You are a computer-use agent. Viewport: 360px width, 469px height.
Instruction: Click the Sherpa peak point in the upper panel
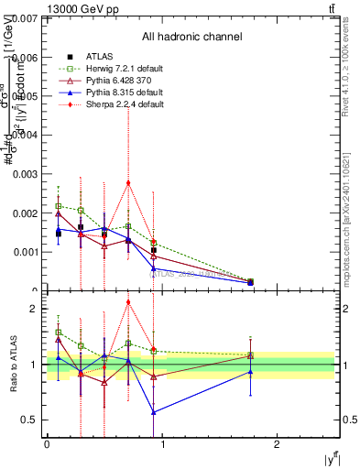click(128, 182)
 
